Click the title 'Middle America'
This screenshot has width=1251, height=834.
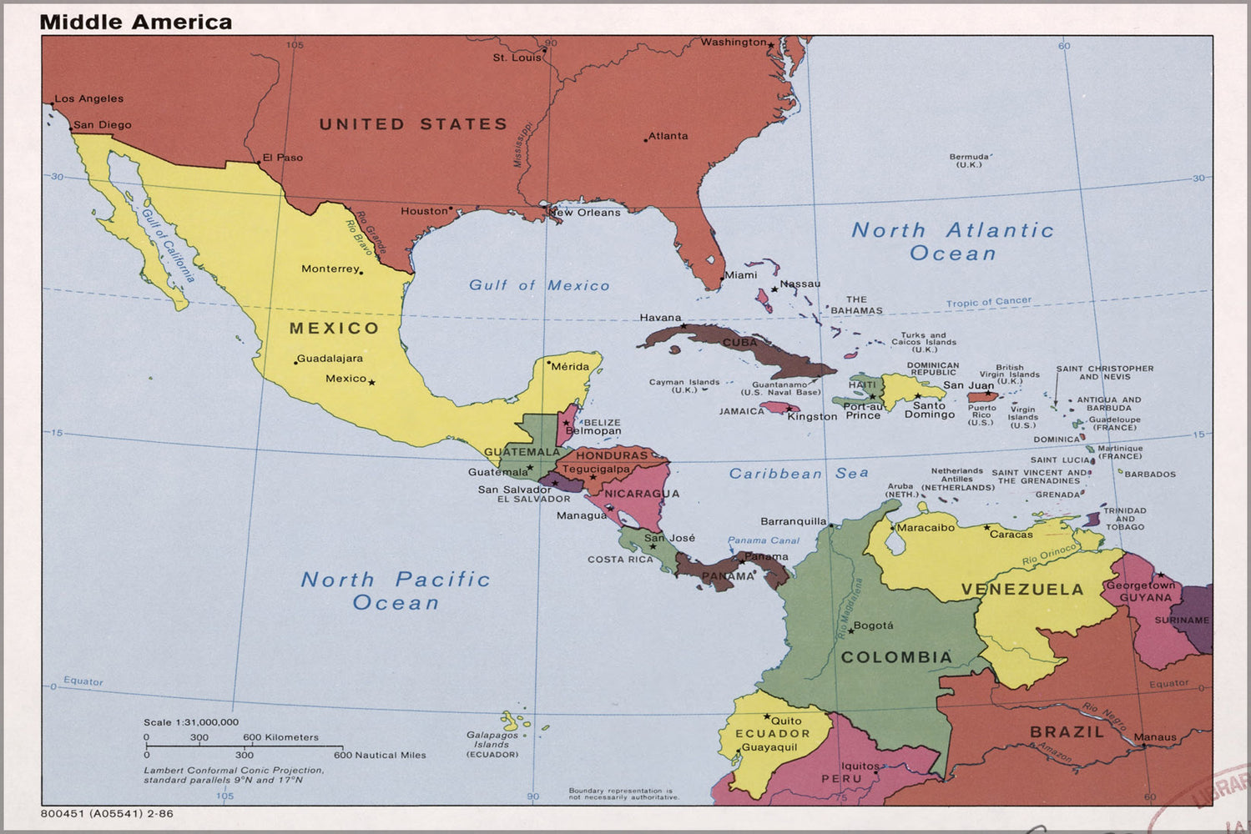136,22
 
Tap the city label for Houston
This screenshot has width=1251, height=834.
424,211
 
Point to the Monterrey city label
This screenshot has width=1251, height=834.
330,269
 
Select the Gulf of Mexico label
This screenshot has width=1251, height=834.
539,285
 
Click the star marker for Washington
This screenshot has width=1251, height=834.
771,43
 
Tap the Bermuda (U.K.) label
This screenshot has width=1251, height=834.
969,160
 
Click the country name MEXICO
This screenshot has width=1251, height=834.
334,328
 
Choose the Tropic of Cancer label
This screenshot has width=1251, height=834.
988,302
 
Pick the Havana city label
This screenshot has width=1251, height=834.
660,318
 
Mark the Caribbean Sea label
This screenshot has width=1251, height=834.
799,474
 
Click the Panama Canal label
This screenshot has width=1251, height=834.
763,540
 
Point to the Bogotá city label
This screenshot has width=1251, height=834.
873,625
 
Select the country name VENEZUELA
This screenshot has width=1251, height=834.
1021,589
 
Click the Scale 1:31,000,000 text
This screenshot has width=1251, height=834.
191,722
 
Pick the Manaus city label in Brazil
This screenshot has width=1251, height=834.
1155,737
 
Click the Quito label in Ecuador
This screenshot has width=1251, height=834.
786,721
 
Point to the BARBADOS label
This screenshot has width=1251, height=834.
1150,475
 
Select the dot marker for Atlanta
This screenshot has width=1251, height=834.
645,140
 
